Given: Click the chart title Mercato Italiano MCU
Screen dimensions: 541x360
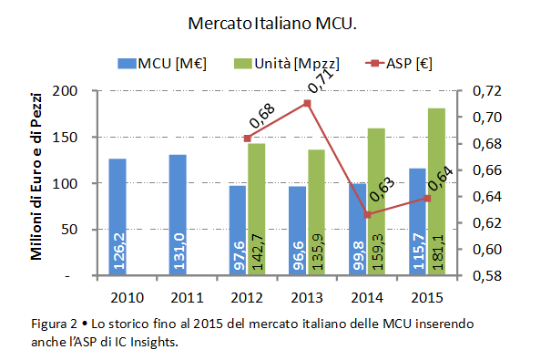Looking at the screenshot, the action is [272, 24].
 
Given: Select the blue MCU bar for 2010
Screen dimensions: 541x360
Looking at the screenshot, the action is [117, 217].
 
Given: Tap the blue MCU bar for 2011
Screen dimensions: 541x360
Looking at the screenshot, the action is [178, 215].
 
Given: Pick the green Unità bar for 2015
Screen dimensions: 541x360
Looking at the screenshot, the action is [437, 191].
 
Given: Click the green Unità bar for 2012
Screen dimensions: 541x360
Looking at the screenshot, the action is [256, 210].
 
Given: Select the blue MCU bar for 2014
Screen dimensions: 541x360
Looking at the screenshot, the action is [357, 229].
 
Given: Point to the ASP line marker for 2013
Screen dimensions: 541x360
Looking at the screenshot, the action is [307, 104].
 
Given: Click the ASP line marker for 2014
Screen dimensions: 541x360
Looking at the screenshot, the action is [367, 215].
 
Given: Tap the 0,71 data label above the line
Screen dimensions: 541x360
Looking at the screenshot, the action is [321, 81].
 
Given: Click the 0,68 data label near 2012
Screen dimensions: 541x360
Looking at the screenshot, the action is [262, 116].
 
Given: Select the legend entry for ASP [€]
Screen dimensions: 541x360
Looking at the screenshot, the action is [399, 64].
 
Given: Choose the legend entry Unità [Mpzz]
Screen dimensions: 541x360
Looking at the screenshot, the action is [287, 64].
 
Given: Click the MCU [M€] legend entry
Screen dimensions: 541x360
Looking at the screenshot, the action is [162, 64].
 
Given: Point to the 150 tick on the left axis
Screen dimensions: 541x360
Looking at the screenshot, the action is [65, 138].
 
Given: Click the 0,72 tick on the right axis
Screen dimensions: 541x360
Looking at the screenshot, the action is [487, 91].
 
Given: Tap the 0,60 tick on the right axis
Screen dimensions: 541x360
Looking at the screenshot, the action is [487, 249].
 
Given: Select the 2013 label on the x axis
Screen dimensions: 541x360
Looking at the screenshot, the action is [307, 297].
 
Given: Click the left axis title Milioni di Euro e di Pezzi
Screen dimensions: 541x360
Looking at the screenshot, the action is [36, 177].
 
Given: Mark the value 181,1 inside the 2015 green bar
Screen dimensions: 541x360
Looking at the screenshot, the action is [437, 252].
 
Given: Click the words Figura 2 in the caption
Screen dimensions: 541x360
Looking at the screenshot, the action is [54, 324].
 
